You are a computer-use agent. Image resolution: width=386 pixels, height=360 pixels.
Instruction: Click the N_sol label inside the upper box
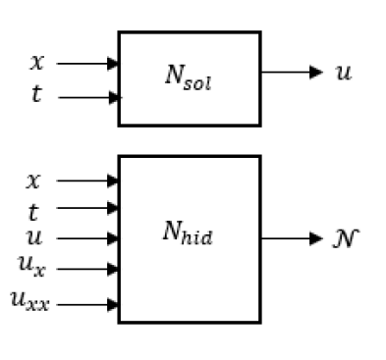tap(189, 77)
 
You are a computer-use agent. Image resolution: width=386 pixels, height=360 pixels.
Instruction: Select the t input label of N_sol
tap(37, 96)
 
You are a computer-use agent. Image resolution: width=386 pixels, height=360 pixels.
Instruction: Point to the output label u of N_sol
tap(343, 73)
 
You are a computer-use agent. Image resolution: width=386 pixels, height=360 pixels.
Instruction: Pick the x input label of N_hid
tap(33, 180)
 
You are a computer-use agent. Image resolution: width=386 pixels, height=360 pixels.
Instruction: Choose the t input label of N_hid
tap(33, 209)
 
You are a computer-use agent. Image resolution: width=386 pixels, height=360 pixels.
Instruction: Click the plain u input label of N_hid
tap(33, 236)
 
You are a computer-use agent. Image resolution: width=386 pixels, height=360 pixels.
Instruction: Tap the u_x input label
tap(33, 265)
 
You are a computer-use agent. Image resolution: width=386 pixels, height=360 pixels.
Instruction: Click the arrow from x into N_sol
tap(88, 63)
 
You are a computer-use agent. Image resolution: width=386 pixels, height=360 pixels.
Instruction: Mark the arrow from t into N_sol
tap(88, 97)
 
